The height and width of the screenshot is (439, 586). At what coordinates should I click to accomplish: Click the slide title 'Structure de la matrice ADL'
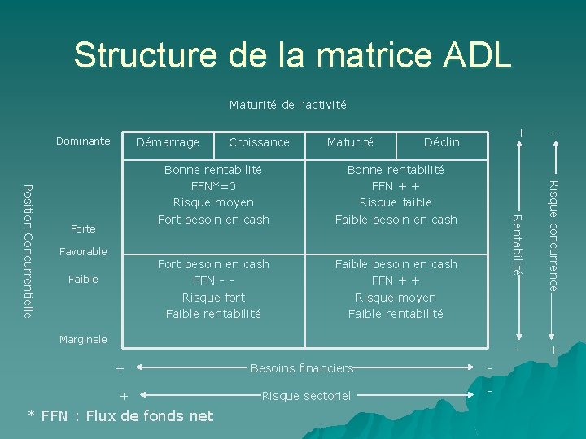pyautogui.click(x=292, y=56)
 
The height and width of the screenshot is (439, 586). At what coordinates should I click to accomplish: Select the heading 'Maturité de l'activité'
pyautogui.click(x=287, y=105)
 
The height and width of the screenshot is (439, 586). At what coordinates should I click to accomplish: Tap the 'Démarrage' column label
pyautogui.click(x=167, y=142)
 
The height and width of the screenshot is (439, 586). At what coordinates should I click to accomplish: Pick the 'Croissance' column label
pyautogui.click(x=259, y=142)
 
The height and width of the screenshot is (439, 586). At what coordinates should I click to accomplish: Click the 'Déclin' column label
pyautogui.click(x=441, y=142)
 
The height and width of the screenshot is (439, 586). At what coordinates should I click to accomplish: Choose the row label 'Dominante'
pyautogui.click(x=83, y=141)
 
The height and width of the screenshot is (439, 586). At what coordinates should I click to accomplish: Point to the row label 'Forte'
pyautogui.click(x=83, y=229)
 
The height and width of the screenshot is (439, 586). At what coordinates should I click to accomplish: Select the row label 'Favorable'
pyautogui.click(x=83, y=252)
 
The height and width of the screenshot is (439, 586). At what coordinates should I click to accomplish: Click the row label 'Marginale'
pyautogui.click(x=83, y=340)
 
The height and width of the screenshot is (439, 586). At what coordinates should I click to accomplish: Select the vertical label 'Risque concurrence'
pyautogui.click(x=553, y=236)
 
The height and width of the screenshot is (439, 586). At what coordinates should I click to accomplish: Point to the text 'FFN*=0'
pyautogui.click(x=213, y=186)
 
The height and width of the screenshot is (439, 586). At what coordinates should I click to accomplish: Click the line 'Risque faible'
pyautogui.click(x=396, y=202)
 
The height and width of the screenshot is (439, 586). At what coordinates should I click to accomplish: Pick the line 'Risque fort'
pyautogui.click(x=213, y=298)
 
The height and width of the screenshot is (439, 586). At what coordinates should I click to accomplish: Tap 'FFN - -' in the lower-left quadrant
pyautogui.click(x=213, y=280)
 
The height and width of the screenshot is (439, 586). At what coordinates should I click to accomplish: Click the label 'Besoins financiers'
pyautogui.click(x=302, y=368)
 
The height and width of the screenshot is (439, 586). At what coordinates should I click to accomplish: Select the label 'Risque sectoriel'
pyautogui.click(x=306, y=396)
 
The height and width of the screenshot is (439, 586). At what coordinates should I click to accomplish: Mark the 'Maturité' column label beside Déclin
pyautogui.click(x=350, y=142)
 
